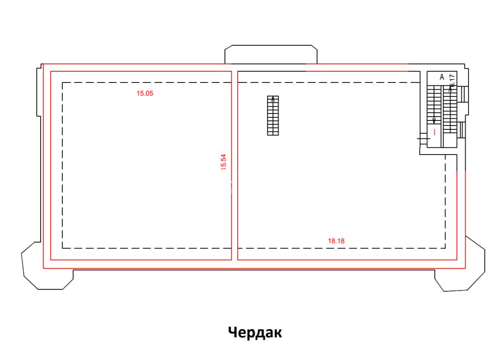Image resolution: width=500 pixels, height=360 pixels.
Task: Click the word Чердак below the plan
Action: tap(255, 332)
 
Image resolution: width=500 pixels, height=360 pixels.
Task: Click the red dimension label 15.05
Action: tap(145, 94)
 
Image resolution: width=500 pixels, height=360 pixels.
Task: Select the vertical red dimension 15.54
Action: tap(223, 162)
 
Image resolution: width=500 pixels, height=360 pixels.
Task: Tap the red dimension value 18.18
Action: tap(336, 241)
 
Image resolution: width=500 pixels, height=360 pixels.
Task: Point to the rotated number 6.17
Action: tap(453, 80)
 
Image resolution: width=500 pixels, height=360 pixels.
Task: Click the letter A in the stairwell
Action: tap(442, 77)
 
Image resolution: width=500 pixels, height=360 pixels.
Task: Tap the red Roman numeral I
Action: tap(434, 132)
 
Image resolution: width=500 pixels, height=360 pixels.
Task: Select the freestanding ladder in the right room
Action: tap(273, 115)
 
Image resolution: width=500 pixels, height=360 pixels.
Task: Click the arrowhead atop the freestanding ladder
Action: tap(273, 98)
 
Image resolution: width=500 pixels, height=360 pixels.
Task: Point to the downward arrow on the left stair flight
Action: tap(434, 120)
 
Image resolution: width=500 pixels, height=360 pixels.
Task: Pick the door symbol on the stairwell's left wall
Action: tap(423, 138)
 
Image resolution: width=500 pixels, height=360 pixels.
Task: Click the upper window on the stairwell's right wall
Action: tap(463, 94)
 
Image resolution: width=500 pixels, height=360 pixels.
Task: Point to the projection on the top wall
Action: tap(271, 55)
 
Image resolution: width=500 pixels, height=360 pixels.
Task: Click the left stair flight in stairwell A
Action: tap(434, 105)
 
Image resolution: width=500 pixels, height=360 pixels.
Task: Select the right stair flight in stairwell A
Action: tap(450, 109)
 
